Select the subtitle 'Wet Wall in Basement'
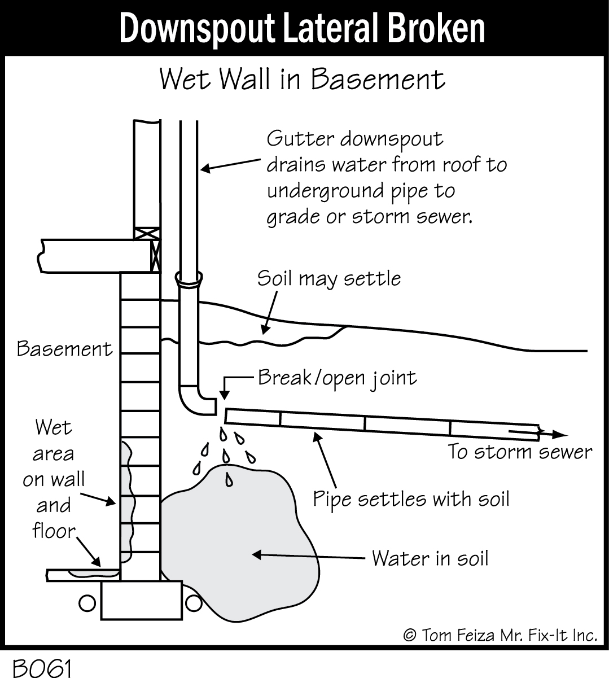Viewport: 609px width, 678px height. pos(302,80)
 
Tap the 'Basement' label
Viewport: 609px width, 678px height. pos(64,349)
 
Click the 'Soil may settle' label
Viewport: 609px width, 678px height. pos(329,279)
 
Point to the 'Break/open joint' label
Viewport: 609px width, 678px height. pos(337,378)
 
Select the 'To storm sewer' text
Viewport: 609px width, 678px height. pos(520,452)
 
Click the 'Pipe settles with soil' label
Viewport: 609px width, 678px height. pos(411,500)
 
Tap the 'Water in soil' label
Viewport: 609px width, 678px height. pos(430,559)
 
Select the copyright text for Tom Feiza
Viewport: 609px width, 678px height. pos(500,636)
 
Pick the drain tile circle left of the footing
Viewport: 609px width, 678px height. pos(87,603)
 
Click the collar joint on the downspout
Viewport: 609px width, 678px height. pos(189,278)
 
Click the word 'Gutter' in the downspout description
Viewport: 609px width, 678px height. pos(299,139)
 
